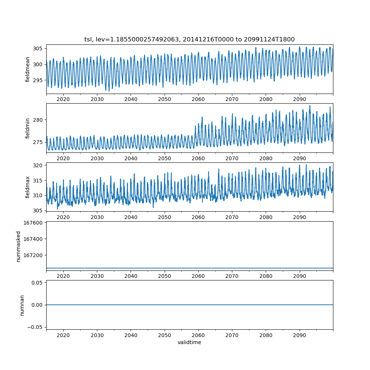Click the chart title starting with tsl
[x=189, y=39]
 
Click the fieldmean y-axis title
[x=28, y=69]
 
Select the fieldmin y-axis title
[x=28, y=128]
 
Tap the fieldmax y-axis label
[x=28, y=187]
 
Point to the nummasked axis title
[x=18, y=246]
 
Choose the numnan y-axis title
[x=22, y=305]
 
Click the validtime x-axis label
[x=189, y=342]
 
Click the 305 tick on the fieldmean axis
[x=38, y=49]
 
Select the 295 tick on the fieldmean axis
[x=38, y=80]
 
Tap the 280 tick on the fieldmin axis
[x=38, y=120]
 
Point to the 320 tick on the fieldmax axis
[x=38, y=165]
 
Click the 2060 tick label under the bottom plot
[x=198, y=335]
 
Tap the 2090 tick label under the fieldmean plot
[x=299, y=100]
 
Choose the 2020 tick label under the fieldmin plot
[x=63, y=158]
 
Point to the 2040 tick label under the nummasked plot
[x=131, y=276]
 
